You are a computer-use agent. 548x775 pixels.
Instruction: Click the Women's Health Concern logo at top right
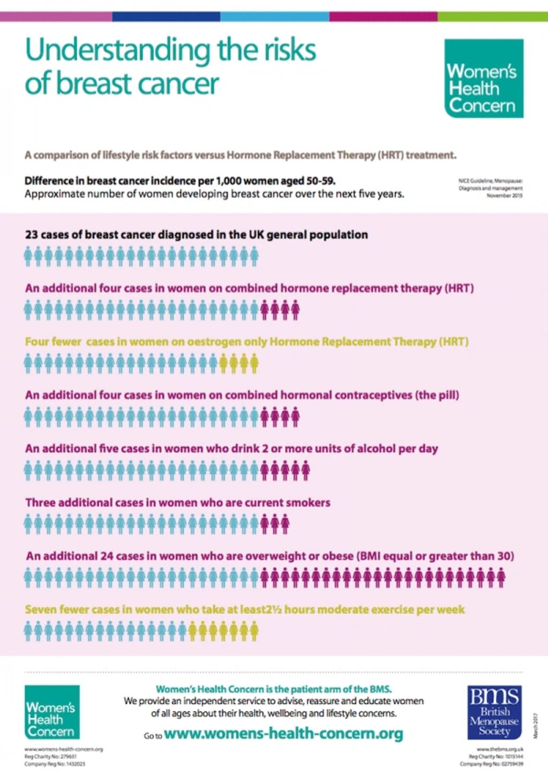[484, 78]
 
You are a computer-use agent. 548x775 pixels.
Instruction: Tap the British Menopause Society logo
[494, 712]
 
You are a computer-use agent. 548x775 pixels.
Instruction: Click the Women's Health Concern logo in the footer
[52, 712]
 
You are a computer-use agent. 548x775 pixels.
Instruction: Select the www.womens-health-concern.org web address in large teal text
[283, 733]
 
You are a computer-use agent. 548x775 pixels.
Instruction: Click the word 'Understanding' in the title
[118, 50]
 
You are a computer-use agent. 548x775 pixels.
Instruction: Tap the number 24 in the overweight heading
[107, 556]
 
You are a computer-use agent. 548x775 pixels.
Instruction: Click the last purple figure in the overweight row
[501, 578]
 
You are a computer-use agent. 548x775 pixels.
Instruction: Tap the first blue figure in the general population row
[29, 256]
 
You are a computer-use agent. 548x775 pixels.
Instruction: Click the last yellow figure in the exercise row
[254, 631]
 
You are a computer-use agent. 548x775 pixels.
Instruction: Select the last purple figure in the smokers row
[285, 524]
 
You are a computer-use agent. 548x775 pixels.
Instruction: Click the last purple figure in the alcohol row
[305, 470]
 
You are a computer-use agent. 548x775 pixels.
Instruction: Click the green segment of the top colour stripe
[493, 17]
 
